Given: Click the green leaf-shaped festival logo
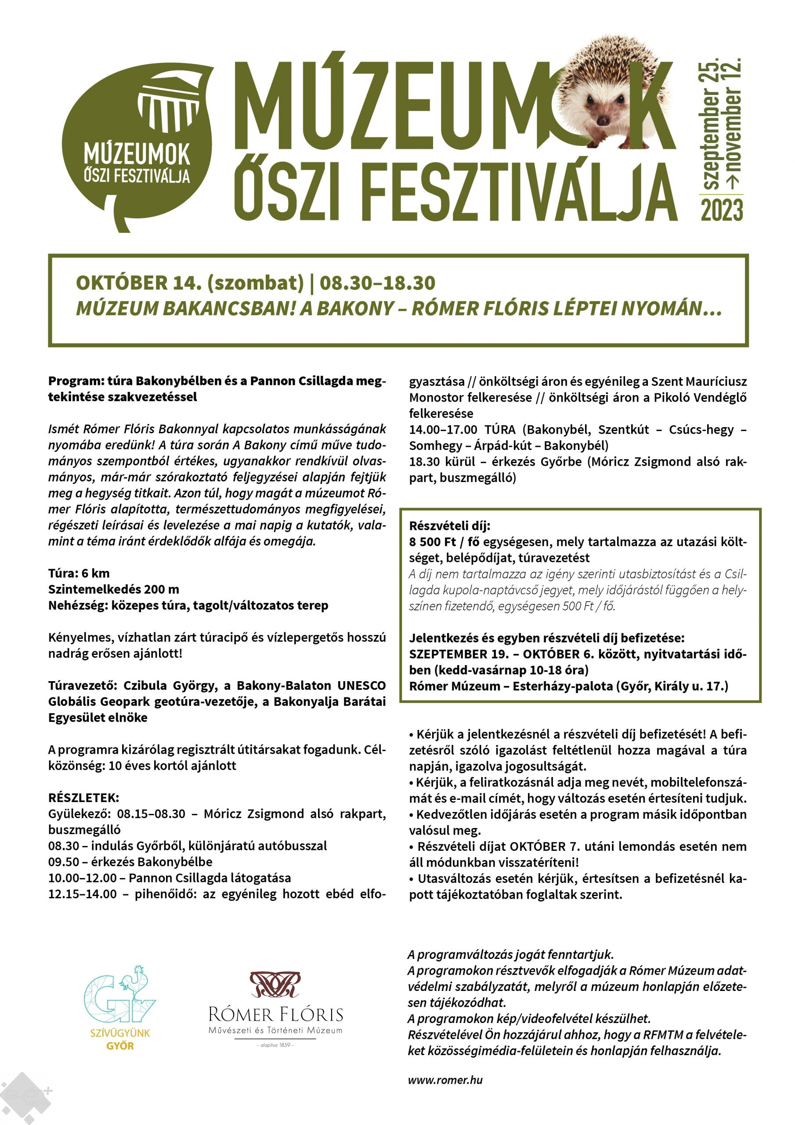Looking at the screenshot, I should (x=137, y=147).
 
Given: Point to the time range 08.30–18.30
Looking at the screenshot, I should (x=377, y=283).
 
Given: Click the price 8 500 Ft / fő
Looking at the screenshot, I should (x=444, y=542).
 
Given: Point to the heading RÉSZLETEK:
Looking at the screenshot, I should (x=84, y=797).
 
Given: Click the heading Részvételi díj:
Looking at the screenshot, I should (x=450, y=526).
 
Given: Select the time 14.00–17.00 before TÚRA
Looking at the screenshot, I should (x=443, y=430).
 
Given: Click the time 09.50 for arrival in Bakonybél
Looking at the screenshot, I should (x=64, y=862).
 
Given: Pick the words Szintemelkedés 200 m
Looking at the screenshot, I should (x=114, y=589).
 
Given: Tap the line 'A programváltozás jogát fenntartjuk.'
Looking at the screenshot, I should (x=510, y=954).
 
